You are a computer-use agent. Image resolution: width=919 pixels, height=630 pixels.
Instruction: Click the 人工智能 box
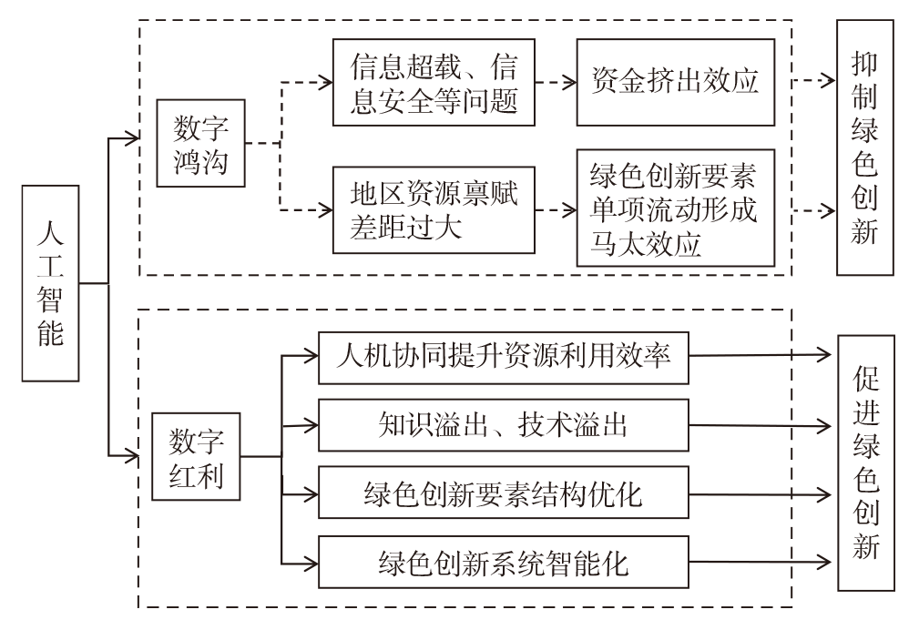pos(50,283)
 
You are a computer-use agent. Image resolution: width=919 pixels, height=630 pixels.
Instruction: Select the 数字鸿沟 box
pos(200,143)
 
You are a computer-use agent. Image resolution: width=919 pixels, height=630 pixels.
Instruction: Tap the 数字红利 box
pos(196,456)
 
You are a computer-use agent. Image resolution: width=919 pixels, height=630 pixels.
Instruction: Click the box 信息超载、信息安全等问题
pos(434,82)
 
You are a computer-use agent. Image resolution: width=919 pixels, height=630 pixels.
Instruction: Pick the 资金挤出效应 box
pos(676,82)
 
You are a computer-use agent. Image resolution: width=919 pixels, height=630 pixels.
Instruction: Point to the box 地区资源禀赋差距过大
pos(434,209)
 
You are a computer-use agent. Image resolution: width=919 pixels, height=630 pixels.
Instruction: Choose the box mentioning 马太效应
pos(676,208)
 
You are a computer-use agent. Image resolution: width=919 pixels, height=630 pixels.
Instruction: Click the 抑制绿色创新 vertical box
pos(865,147)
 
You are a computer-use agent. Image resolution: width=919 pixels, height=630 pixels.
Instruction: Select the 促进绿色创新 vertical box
pos(866,462)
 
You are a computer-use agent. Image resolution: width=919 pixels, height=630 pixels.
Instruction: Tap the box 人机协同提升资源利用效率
pos(504,358)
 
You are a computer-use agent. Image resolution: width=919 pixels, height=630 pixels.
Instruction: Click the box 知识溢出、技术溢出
pos(504,425)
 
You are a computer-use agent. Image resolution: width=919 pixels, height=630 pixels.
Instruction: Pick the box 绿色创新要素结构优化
pos(504,493)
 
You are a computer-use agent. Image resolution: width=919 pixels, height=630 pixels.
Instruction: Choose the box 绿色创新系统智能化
pos(504,562)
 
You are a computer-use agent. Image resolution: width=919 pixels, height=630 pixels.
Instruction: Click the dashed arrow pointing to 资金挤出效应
pos(556,82)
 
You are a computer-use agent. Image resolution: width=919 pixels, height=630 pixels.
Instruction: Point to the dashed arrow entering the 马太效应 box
pos(556,209)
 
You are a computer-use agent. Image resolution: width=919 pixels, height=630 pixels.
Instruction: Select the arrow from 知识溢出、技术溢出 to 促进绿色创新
pos(761,425)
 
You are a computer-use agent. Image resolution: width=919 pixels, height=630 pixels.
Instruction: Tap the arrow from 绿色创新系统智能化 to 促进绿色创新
pos(761,562)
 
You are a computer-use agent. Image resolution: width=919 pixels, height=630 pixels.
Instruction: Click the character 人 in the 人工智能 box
pos(50,232)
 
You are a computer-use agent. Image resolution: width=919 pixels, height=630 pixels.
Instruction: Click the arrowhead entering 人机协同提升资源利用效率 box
pos(311,355)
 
